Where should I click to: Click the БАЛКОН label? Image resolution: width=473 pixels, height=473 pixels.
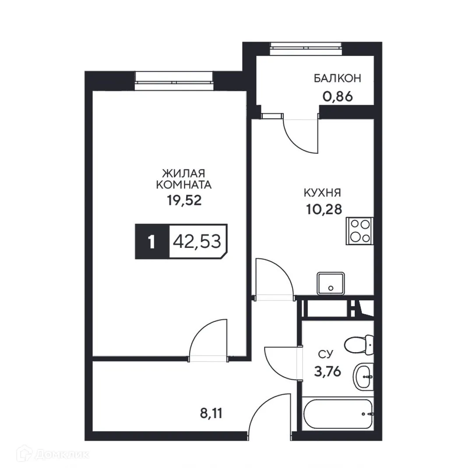point(337,79)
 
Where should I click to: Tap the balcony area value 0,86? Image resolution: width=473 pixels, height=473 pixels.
point(337,96)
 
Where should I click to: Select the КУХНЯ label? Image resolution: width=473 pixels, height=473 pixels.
point(323,193)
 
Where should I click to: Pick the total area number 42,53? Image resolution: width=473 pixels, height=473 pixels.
point(197,241)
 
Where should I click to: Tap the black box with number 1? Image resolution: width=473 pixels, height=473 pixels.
point(152,242)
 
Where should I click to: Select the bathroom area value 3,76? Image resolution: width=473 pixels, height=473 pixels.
point(327,372)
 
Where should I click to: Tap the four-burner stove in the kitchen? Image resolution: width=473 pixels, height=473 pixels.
point(360,230)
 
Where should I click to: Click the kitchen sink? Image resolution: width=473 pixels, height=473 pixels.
point(331,283)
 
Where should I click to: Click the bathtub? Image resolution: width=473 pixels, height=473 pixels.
point(338,414)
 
